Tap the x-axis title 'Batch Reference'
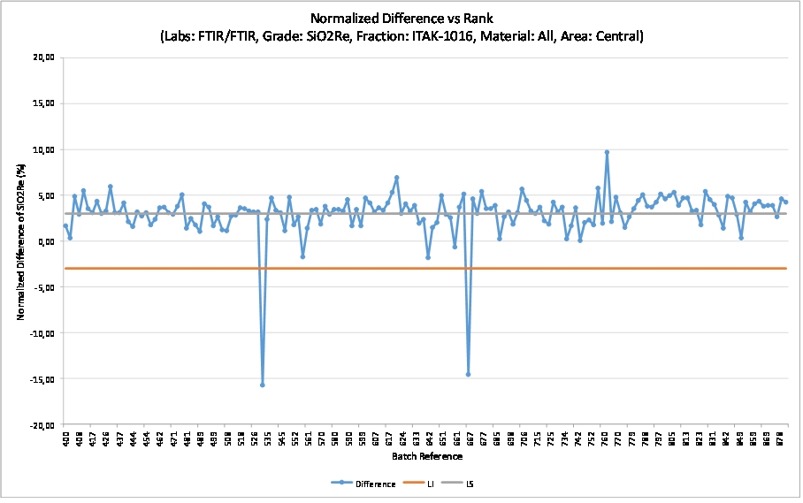point(426,456)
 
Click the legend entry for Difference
point(371,484)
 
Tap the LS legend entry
point(476,484)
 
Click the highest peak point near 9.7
point(607,152)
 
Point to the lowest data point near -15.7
point(263,385)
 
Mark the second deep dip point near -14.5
point(468,374)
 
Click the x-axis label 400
point(66,438)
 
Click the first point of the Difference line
point(65,226)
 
